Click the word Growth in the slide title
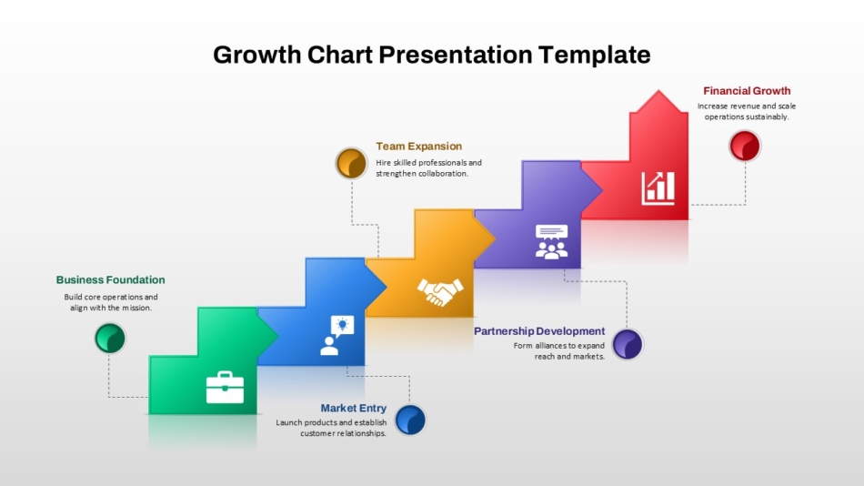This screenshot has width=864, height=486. coord(256,56)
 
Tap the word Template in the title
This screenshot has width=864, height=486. coord(595,55)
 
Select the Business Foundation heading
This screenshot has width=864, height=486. coord(110,279)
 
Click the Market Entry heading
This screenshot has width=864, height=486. coord(353,409)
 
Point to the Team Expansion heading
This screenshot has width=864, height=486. coord(418,147)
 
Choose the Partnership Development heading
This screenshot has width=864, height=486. coord(539,331)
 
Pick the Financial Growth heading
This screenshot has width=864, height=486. coord(747,91)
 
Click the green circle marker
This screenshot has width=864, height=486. coord(110,338)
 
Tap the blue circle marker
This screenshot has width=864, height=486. coord(410,420)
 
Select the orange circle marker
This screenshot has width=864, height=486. coord(351,163)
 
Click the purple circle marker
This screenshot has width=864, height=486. coord(628,344)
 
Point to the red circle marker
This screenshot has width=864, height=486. coord(745,146)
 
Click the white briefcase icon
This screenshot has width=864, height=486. coord(225,388)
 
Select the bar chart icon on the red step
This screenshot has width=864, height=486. coord(658,188)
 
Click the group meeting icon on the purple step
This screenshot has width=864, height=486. coord(551,241)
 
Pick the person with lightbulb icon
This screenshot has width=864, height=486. coord(337,336)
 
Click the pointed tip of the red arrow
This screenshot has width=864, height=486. coord(658,90)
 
